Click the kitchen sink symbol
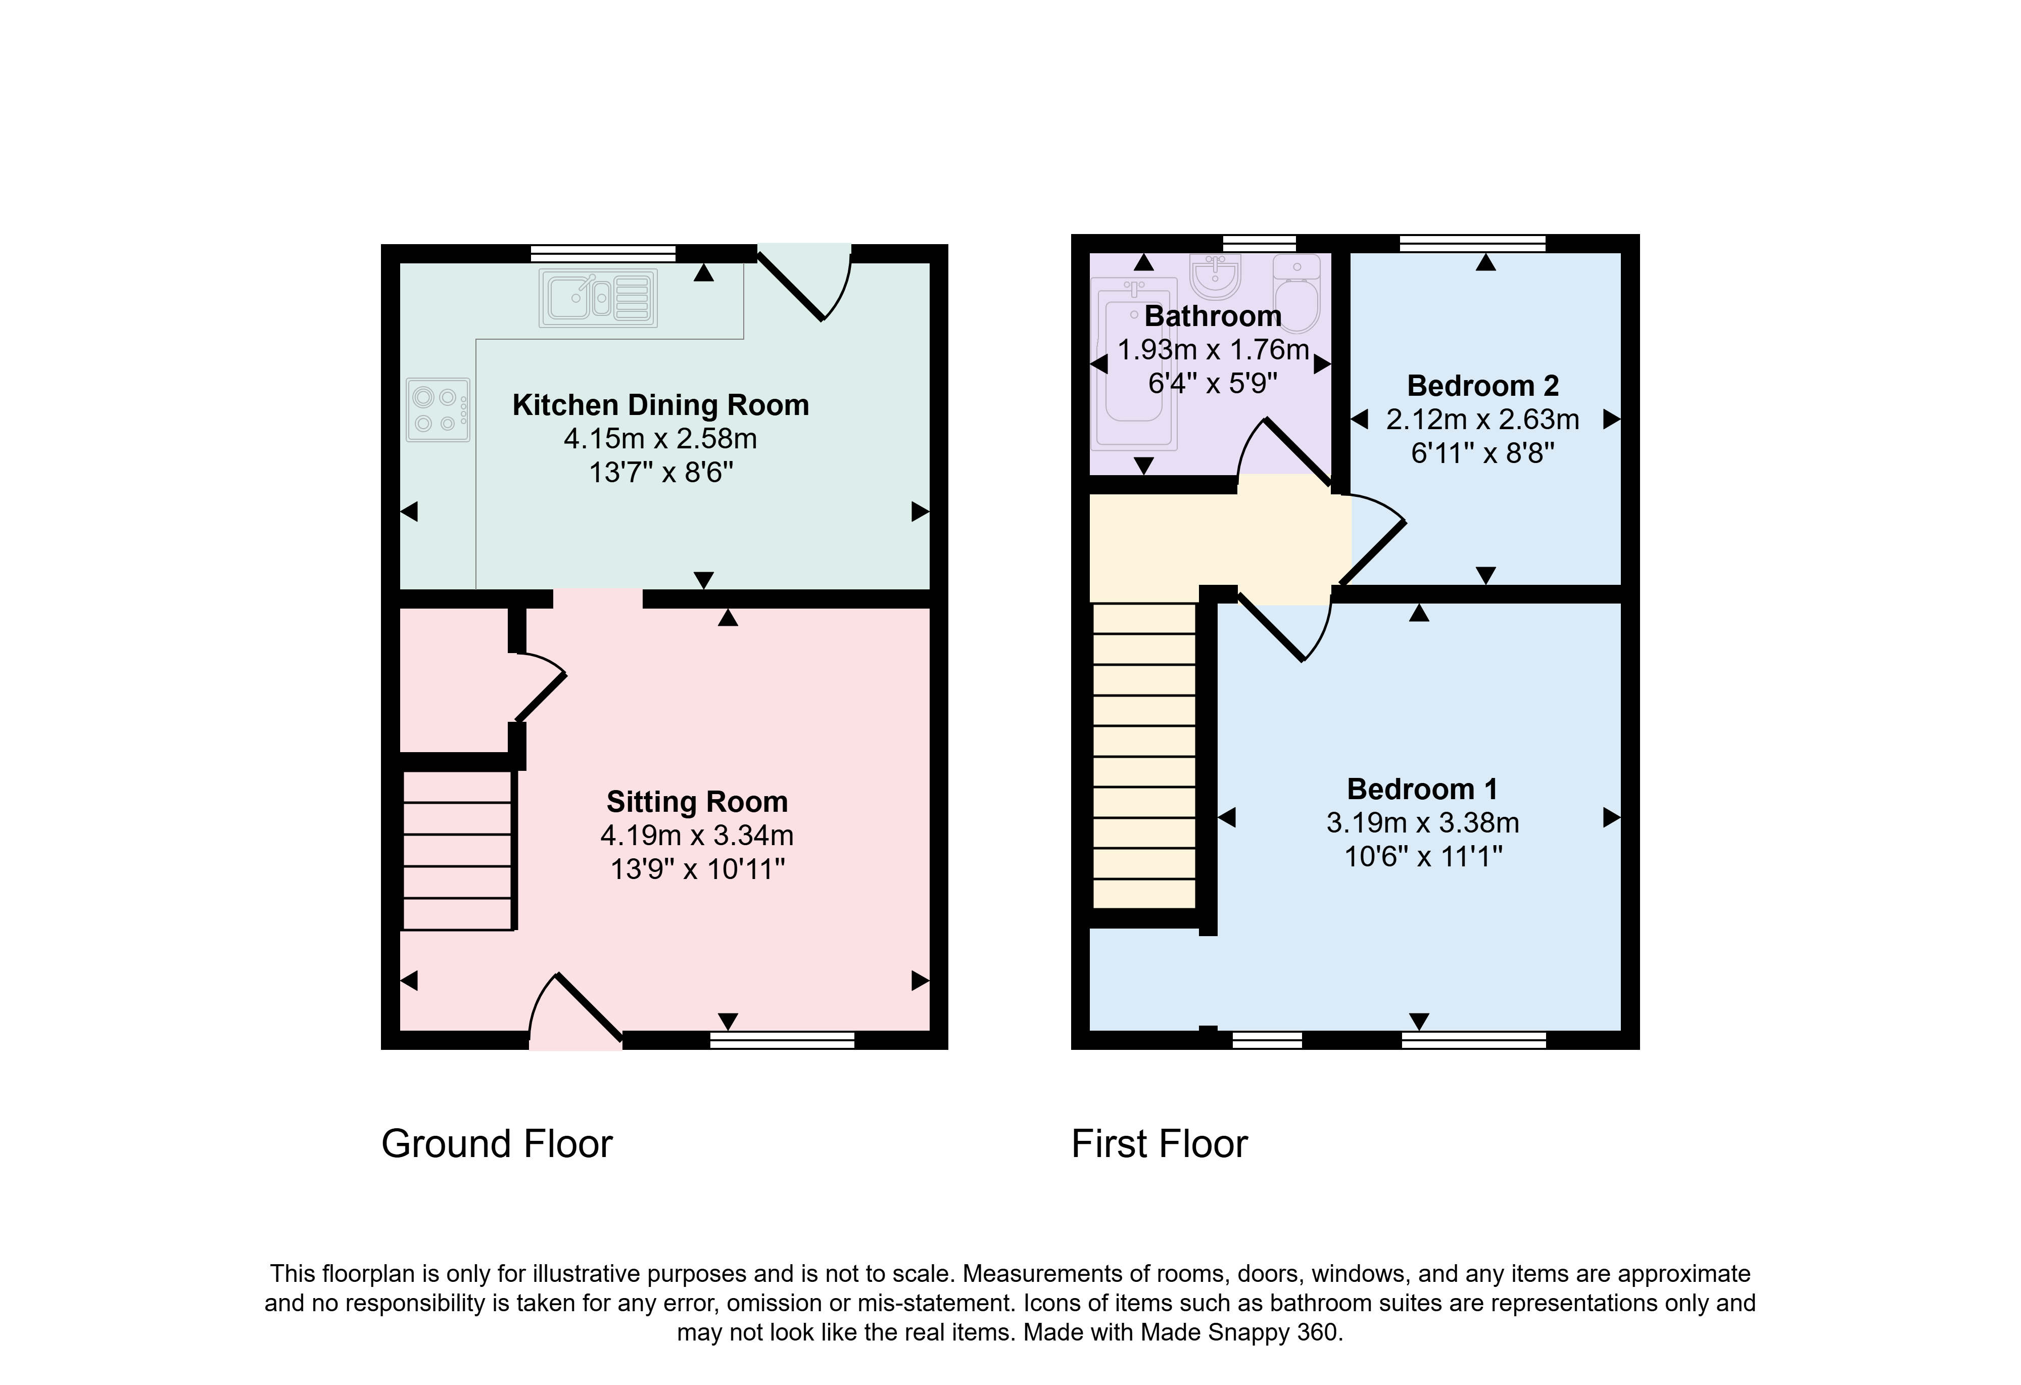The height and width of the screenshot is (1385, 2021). pos(597,298)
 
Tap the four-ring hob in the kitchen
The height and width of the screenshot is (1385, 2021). pos(438,409)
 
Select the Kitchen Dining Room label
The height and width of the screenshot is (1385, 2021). pos(661,405)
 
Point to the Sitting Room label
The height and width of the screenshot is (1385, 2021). pos(697,801)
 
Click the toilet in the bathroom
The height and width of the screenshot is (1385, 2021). pos(1297,293)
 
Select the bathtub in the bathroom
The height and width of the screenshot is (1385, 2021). pos(1133,363)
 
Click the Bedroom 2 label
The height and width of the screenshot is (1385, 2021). pos(1483,385)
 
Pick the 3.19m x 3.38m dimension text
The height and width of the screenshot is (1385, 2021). pos(1423,823)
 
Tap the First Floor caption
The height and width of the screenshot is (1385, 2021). pos(1159,1144)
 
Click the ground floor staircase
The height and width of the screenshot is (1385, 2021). pos(457,850)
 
